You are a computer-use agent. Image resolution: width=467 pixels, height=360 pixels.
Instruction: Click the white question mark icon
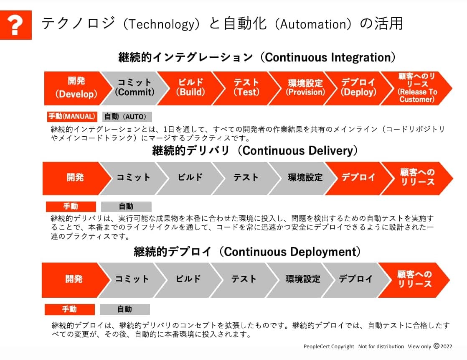click(15, 26)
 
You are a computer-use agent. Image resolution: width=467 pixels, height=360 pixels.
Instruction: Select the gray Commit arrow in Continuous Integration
click(135, 88)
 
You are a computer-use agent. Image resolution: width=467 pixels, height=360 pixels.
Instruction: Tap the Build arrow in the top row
click(190, 88)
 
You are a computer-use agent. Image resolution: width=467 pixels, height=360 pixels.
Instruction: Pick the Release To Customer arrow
click(417, 88)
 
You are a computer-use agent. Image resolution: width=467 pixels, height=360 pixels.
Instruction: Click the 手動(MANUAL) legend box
click(72, 117)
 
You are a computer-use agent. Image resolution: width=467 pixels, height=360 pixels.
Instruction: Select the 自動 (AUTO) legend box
click(127, 117)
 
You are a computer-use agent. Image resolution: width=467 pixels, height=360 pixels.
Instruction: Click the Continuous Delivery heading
click(255, 151)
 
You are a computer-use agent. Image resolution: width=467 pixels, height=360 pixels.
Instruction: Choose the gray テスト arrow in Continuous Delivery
click(246, 178)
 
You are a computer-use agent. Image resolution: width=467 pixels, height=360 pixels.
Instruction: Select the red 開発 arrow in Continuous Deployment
click(74, 280)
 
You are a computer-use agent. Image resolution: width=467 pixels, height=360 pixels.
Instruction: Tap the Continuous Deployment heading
click(247, 252)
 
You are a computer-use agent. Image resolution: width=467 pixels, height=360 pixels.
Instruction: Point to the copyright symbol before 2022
click(437, 346)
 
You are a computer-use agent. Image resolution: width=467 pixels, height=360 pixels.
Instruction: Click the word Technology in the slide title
click(161, 24)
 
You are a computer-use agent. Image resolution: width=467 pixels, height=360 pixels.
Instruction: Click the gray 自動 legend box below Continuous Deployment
click(124, 309)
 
